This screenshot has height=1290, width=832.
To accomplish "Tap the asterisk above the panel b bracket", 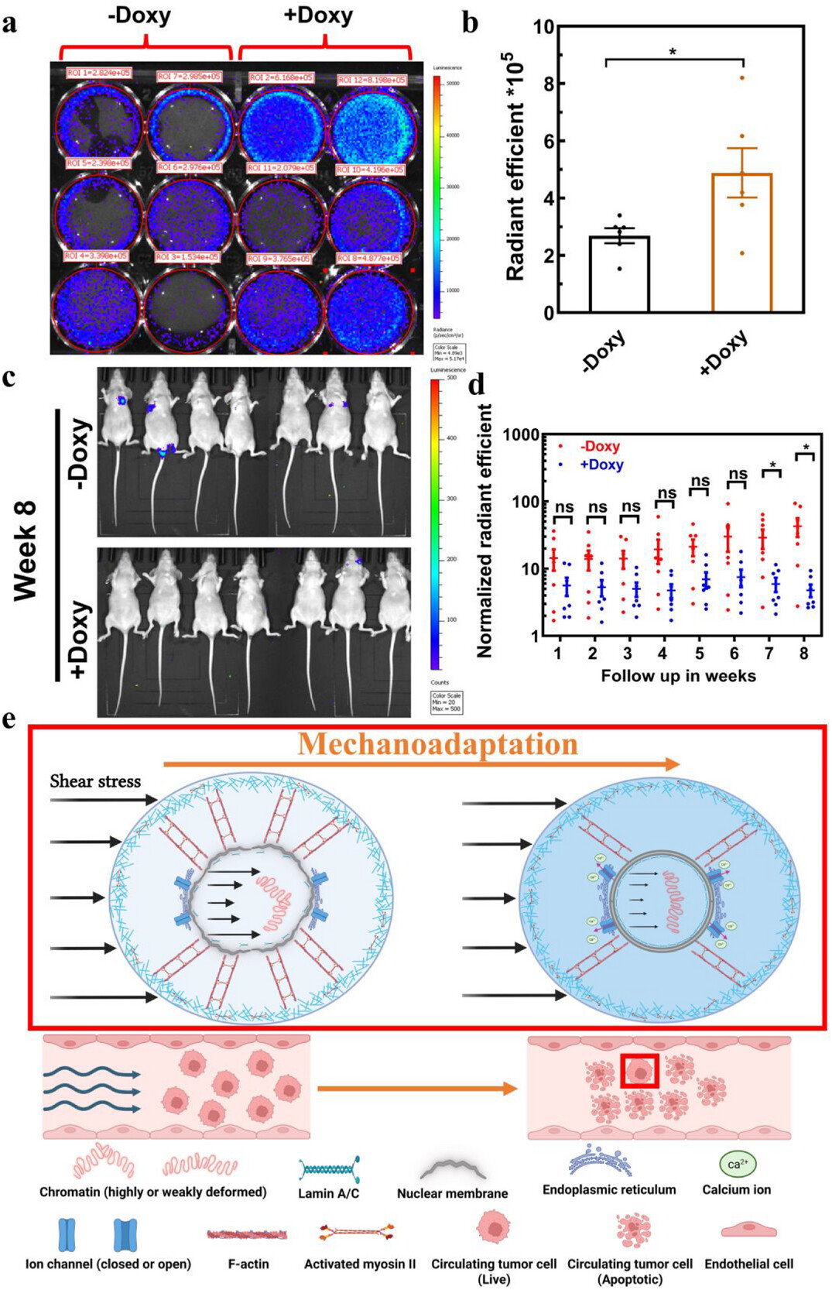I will [673, 52].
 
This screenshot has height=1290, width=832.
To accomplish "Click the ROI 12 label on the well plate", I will [372, 80].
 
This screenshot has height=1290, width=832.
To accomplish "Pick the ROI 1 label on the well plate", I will [98, 73].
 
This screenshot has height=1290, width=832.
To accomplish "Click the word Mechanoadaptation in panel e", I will [438, 744].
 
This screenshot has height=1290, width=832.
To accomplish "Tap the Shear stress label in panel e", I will [95, 781].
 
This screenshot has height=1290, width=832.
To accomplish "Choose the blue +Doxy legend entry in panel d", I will [601, 465].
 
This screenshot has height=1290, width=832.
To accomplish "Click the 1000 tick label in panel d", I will [522, 435].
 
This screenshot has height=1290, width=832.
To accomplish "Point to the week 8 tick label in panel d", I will [804, 654].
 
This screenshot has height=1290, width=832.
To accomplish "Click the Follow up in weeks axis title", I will [678, 676].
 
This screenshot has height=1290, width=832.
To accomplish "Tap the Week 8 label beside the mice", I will [26, 551].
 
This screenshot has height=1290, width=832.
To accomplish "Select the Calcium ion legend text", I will [736, 1189].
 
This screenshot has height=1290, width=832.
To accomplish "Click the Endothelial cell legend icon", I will [748, 1230].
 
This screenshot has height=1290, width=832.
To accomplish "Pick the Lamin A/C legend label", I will [328, 1193].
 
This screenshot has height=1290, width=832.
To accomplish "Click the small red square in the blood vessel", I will [639, 1071].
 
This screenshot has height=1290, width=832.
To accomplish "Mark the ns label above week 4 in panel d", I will [666, 492].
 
